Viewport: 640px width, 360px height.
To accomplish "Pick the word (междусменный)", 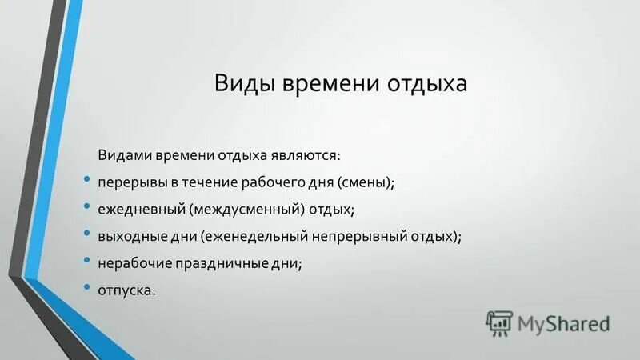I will pos(247,209).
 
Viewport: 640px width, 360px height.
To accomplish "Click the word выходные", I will pos(130,236).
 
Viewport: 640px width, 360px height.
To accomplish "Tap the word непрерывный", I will pos(356,236).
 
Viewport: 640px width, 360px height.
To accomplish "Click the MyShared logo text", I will pos(564,323).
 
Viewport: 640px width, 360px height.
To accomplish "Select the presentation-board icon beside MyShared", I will pos(499,323).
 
